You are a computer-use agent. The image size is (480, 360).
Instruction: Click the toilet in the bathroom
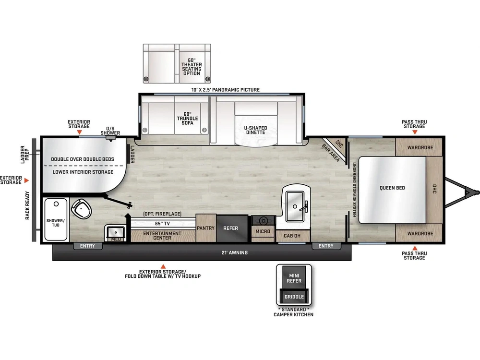click(82, 208)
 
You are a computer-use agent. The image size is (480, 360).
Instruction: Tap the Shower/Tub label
click(55, 223)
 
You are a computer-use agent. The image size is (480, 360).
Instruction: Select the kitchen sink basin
click(295, 206)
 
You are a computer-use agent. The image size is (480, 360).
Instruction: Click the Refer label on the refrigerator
click(230, 228)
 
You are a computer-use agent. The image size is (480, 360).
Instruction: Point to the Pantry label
click(206, 228)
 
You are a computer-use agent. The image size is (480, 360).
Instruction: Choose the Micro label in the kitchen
click(263, 231)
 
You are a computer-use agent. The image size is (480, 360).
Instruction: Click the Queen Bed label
click(392, 188)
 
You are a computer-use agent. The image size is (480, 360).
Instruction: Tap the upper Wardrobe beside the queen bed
click(420, 147)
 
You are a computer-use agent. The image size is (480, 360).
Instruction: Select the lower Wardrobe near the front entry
click(420, 233)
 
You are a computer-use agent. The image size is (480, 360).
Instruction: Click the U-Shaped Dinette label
click(256, 130)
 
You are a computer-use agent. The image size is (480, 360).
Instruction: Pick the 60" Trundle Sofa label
click(187, 119)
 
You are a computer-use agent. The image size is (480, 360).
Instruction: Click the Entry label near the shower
click(87, 246)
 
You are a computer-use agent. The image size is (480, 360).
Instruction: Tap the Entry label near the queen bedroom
click(326, 246)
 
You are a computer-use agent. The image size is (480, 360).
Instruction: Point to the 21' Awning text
click(235, 252)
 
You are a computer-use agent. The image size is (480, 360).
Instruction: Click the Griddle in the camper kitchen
click(294, 296)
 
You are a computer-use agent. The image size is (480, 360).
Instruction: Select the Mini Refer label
click(294, 278)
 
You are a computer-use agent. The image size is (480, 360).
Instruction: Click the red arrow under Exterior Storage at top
click(79, 132)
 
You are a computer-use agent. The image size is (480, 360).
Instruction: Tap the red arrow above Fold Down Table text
click(163, 266)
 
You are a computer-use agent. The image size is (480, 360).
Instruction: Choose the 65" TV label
click(162, 224)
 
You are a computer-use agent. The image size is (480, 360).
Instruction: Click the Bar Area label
click(331, 153)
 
